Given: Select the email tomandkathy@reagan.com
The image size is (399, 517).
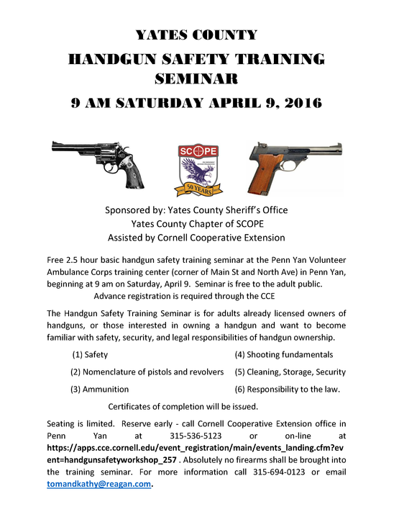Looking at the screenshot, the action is click(99, 485).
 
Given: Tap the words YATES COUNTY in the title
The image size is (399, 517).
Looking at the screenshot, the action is click(196, 35).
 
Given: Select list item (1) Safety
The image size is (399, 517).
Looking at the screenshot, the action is click(91, 355).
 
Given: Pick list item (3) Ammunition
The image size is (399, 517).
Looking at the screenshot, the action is click(99, 390).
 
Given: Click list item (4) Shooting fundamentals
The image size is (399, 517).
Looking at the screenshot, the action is click(283, 355).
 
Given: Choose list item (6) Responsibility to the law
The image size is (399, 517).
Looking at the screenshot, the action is click(287, 390).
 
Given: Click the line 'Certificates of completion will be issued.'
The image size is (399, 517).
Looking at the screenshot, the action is click(183, 407).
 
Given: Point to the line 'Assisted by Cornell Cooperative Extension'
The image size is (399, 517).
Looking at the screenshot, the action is click(196, 238).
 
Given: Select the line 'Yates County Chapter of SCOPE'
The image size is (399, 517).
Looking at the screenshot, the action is click(196, 224).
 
